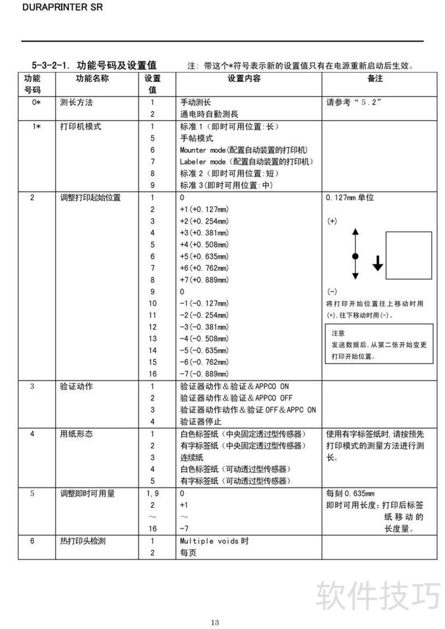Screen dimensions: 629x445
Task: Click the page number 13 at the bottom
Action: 215,622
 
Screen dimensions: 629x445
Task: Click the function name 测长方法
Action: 77,103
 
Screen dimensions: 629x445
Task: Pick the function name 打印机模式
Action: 81,126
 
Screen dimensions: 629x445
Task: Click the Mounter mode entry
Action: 244,150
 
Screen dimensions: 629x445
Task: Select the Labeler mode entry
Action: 246,162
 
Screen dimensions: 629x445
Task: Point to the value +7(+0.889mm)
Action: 204,280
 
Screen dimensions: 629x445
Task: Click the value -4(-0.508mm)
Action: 204,338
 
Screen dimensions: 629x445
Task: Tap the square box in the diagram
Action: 409,255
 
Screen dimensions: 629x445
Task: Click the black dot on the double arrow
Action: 356,256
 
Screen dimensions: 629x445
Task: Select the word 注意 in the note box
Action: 338,333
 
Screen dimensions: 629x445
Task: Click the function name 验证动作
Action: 77,386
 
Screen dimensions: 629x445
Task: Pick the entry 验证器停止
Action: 201,422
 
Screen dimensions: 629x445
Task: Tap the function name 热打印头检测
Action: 85,541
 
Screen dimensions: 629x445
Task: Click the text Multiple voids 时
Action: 214,541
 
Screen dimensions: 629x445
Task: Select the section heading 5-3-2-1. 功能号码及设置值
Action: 94,65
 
